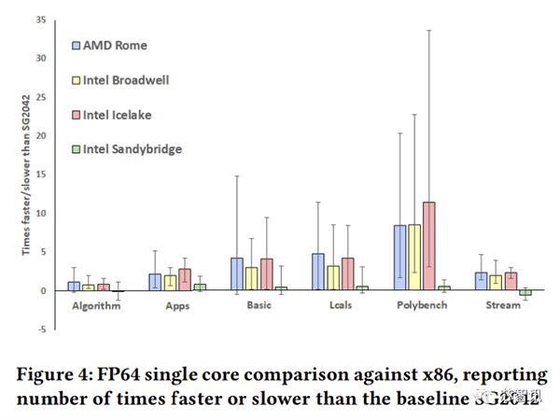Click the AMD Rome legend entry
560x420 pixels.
(x=115, y=44)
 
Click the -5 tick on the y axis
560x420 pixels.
(x=42, y=329)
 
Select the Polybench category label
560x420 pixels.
(x=421, y=305)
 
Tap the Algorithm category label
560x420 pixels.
(x=95, y=305)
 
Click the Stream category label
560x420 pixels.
(x=504, y=305)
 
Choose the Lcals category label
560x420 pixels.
(x=340, y=305)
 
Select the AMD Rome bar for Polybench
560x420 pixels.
(x=399, y=258)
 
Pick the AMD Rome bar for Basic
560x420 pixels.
(x=236, y=274)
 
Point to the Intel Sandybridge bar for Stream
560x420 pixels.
(x=525, y=293)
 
